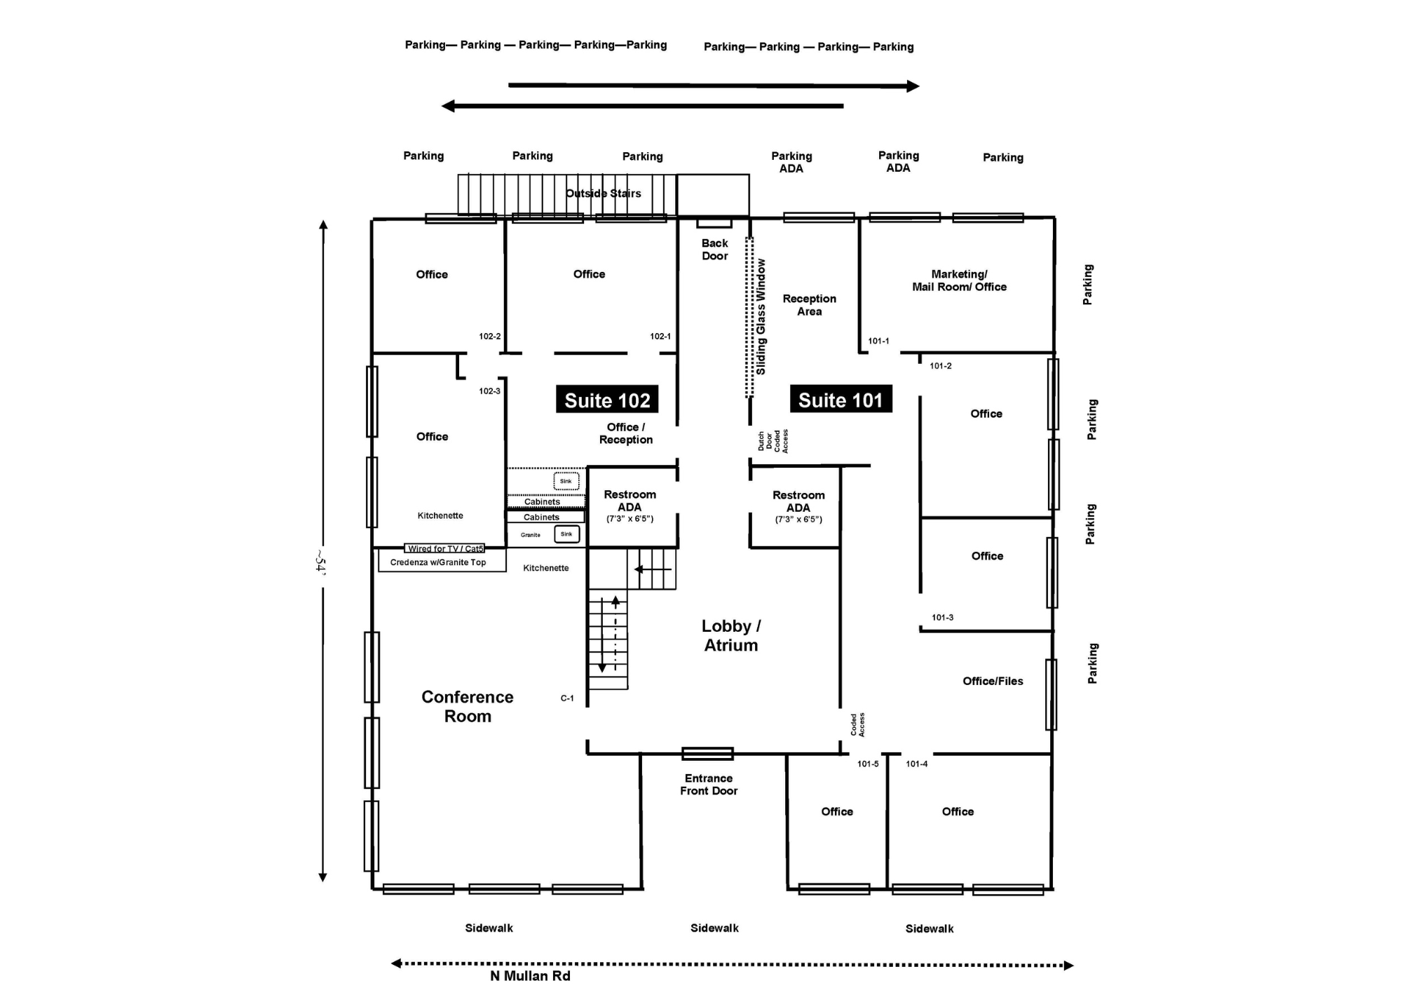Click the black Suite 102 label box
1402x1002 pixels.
[607, 400]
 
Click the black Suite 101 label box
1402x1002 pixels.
[840, 399]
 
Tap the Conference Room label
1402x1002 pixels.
[468, 706]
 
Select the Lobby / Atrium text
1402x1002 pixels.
[730, 635]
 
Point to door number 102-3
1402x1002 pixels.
[489, 391]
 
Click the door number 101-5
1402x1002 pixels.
[868, 764]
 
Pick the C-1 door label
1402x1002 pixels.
[567, 698]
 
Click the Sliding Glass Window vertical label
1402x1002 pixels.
[761, 316]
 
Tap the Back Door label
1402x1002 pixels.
[714, 250]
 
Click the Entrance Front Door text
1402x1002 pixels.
[709, 784]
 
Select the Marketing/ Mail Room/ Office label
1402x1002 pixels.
[959, 280]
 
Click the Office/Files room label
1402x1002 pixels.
[993, 681]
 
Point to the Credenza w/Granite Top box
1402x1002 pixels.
[438, 562]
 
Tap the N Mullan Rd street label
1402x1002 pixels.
[530, 976]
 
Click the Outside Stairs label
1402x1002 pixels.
[603, 194]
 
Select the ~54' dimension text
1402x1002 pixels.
[320, 561]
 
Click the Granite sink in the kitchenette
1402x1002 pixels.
[566, 534]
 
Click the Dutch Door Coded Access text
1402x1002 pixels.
[773, 441]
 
